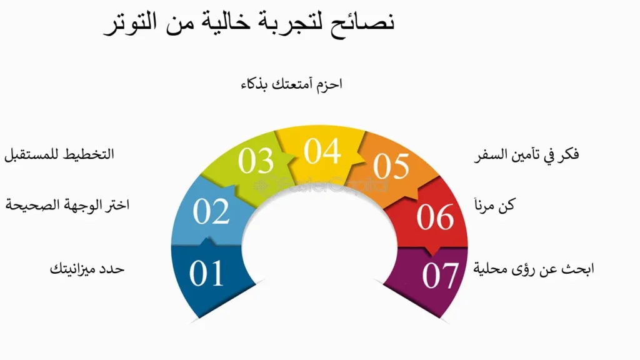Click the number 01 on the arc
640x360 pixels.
click(206, 273)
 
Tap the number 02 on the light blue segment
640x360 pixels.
click(211, 211)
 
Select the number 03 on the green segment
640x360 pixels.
click(256, 161)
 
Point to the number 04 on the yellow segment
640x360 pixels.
click(322, 151)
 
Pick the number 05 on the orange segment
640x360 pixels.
click(391, 166)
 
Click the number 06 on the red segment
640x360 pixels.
click(435, 216)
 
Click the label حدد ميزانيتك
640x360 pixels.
click(87, 269)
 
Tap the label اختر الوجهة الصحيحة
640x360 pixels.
click(67, 204)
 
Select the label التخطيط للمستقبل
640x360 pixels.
click(59, 155)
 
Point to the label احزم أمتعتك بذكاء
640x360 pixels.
click(291, 84)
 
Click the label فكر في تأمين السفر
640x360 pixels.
click(526, 155)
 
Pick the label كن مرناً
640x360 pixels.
click(494, 204)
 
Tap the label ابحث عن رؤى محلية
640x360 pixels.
click(534, 269)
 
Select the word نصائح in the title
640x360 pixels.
click(364, 23)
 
